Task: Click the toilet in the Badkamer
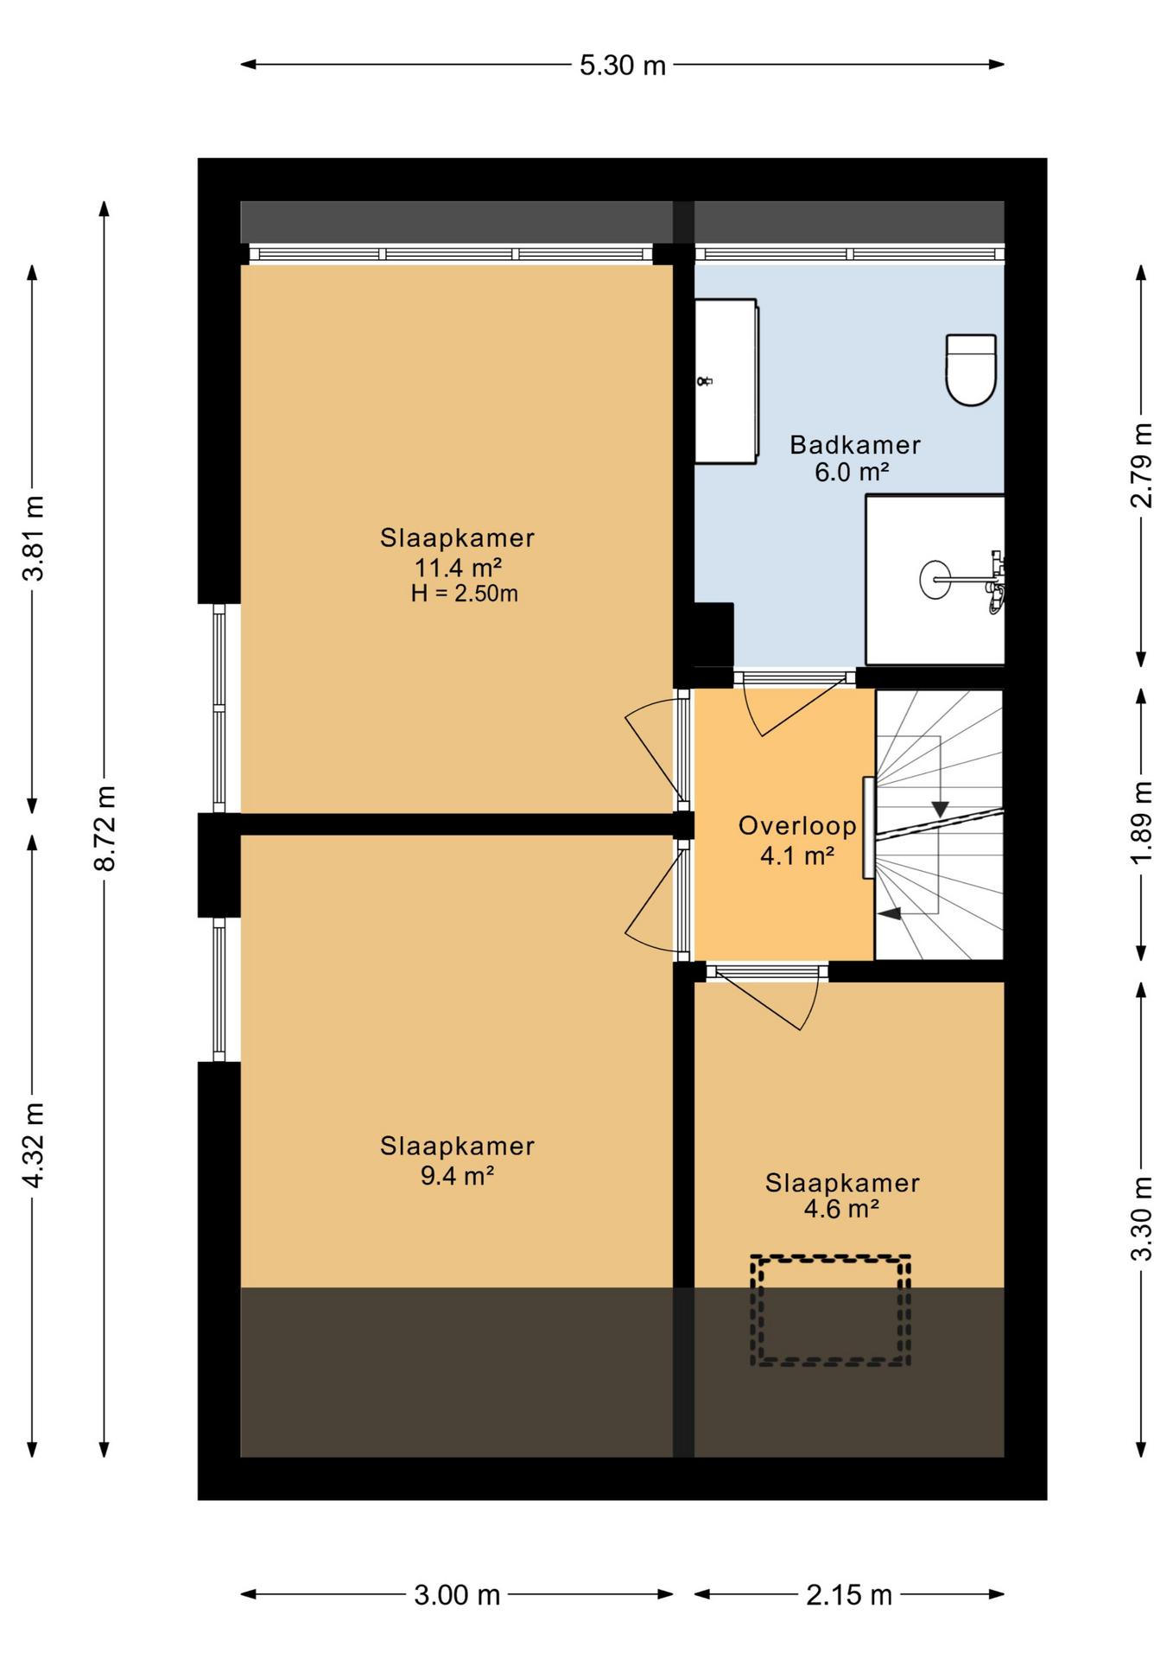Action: (971, 370)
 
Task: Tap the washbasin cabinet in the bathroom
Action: (726, 381)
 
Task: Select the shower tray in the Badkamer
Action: (935, 579)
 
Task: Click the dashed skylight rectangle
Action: (830, 1310)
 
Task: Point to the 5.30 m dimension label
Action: (623, 66)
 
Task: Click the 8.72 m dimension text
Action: (105, 828)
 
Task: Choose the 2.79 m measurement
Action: (1141, 465)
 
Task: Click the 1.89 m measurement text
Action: (1141, 822)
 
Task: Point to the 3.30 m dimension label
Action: (1141, 1218)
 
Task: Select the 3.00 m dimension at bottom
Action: (457, 1595)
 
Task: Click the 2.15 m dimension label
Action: (849, 1595)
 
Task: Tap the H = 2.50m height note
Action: (465, 594)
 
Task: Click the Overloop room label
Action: (797, 826)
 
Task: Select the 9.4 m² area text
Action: (457, 1175)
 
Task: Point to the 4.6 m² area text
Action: (841, 1208)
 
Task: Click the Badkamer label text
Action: (855, 445)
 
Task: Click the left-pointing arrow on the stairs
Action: (889, 912)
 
